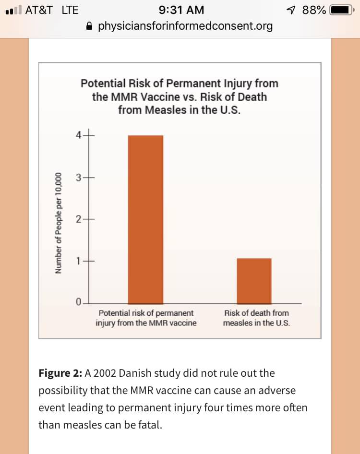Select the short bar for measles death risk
click(x=253, y=281)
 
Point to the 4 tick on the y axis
click(x=79, y=135)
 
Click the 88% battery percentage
click(x=314, y=10)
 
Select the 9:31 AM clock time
click(x=180, y=10)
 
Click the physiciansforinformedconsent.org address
click(x=185, y=26)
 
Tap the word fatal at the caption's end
click(x=149, y=425)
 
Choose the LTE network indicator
click(x=70, y=10)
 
